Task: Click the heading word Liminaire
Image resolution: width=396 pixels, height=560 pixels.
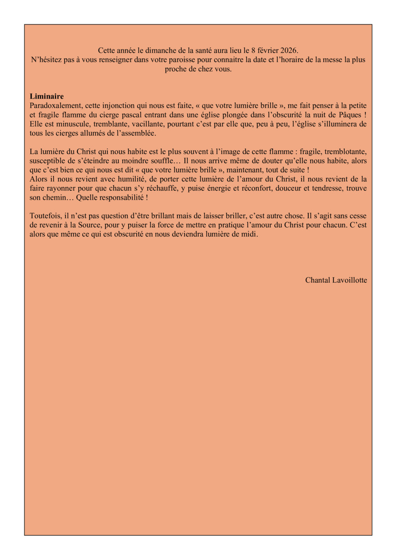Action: pyautogui.click(x=47, y=97)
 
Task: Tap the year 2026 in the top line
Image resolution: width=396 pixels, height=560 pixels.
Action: pyautogui.click(x=287, y=50)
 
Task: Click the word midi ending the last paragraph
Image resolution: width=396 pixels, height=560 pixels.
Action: pyautogui.click(x=249, y=234)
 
